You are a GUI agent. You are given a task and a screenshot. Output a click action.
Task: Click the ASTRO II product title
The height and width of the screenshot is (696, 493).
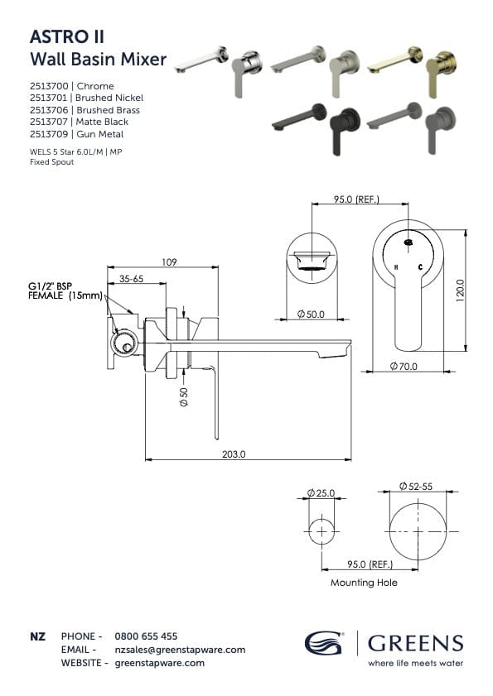[x=66, y=36]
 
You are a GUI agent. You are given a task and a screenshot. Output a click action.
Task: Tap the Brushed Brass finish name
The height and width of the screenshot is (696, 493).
[x=108, y=110]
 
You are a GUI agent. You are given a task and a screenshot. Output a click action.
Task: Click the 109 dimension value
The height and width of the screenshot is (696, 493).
[x=168, y=262]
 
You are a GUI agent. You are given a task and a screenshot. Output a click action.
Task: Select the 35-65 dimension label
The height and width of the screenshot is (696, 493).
[x=131, y=280]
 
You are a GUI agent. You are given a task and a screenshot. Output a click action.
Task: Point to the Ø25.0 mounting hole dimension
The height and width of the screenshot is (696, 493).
[x=321, y=493]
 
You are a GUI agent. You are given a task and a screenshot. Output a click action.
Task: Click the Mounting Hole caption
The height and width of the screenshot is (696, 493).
[x=364, y=583]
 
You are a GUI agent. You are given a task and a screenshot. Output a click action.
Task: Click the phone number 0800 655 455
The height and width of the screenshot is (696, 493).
[x=145, y=636]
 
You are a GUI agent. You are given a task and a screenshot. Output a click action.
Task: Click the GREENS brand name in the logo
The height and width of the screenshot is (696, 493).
[x=415, y=643]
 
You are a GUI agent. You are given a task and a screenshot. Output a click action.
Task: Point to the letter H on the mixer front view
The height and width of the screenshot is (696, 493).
[x=396, y=267]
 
